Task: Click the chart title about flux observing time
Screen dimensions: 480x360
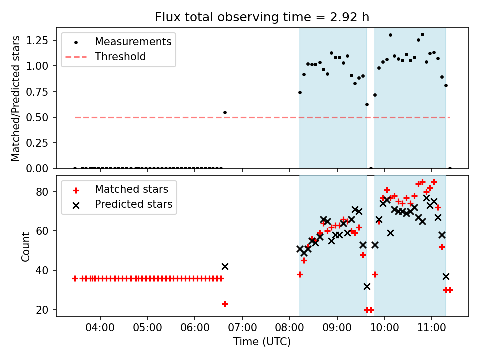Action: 262,17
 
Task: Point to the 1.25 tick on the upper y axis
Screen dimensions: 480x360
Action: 37,40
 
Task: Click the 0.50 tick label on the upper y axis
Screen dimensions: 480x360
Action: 37,117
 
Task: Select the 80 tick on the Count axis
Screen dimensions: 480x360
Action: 42,192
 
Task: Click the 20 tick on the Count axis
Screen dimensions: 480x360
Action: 42,310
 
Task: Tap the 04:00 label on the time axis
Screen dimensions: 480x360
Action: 100,328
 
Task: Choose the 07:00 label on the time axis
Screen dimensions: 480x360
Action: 242,328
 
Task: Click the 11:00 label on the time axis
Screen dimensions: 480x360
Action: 432,328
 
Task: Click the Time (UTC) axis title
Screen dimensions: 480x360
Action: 262,341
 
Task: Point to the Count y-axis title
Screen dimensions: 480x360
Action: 25,247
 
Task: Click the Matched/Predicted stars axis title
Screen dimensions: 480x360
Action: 15,98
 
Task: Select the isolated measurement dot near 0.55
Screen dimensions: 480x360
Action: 225,112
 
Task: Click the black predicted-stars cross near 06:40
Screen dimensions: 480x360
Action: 225,266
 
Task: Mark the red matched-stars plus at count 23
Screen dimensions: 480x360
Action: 225,304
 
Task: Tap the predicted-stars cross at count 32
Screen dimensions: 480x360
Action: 367,287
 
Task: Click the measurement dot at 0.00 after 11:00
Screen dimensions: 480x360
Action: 450,168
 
